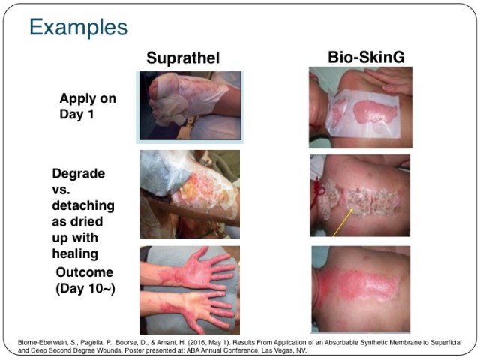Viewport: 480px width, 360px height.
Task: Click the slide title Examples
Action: point(78,28)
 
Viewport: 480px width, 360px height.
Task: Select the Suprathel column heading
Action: point(183,58)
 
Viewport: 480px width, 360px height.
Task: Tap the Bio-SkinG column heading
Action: point(366,57)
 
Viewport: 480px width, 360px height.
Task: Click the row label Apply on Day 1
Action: point(88,106)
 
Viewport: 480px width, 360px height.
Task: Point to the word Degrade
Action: point(78,174)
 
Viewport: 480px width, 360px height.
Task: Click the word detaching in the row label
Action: point(83,205)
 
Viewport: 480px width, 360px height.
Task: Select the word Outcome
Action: point(85,272)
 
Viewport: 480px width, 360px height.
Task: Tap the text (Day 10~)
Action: point(85,288)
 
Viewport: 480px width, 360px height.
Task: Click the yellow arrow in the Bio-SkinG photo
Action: point(343,223)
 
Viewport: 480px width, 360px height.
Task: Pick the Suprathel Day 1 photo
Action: point(190,106)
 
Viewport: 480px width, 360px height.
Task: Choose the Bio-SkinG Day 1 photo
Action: point(361,107)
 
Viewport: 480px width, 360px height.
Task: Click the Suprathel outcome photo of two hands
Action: point(190,290)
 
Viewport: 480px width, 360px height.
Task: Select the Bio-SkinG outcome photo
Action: point(361,289)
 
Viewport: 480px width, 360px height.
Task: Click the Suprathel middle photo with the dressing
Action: point(190,194)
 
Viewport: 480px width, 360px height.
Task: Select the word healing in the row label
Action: point(75,253)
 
